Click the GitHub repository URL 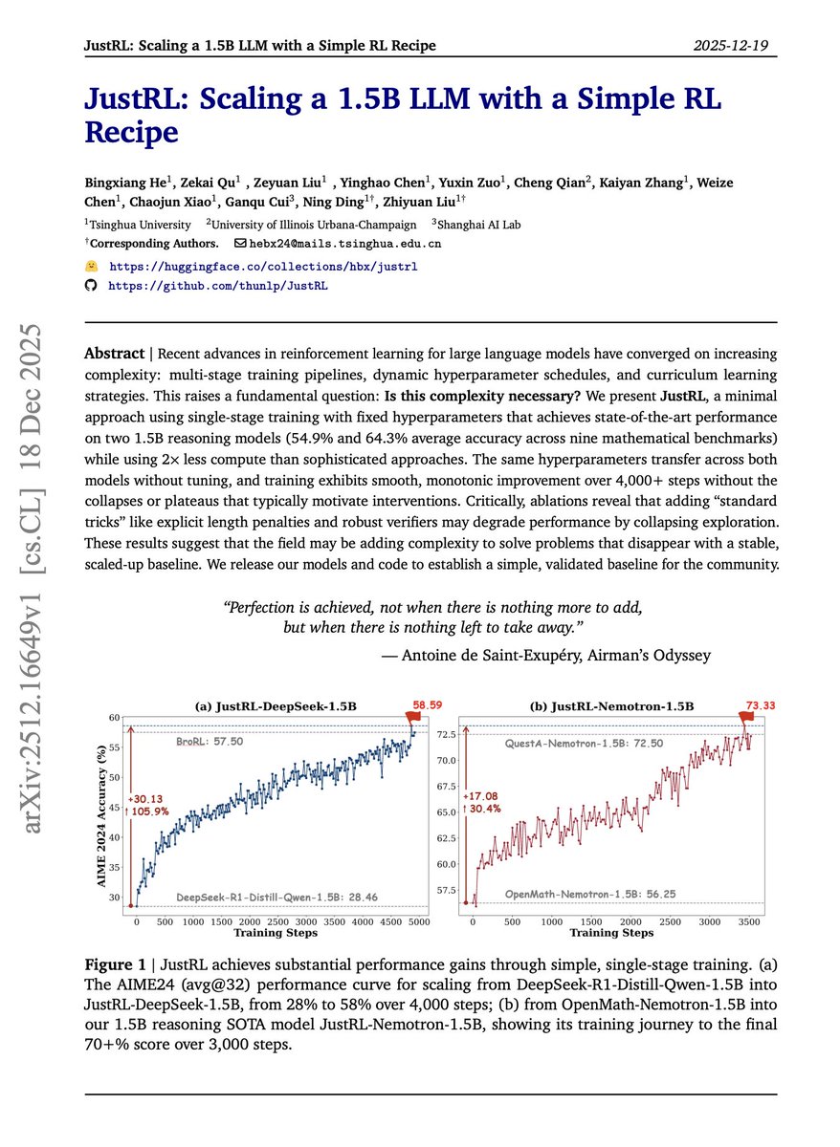(218, 285)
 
